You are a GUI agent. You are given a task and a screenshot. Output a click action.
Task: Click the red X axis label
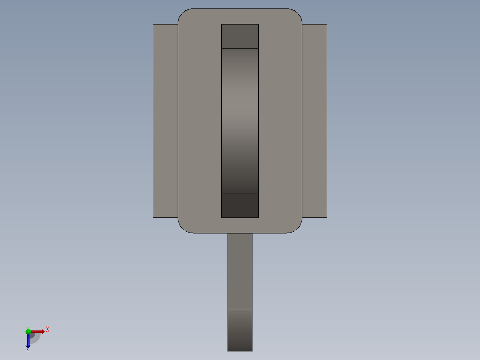48,329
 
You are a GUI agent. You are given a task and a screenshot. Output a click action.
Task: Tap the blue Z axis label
28,349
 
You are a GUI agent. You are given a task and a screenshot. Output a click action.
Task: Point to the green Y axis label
28,327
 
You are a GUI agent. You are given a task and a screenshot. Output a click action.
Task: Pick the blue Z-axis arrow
28,341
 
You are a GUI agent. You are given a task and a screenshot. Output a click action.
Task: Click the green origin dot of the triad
28,331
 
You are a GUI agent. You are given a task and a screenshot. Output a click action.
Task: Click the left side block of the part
165,121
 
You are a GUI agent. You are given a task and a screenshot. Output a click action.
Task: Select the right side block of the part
315,121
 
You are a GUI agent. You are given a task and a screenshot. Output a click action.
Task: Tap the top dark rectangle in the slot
240,36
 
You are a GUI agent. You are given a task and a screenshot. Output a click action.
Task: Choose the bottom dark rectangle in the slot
240,205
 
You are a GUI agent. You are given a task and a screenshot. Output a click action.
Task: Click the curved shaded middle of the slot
240,120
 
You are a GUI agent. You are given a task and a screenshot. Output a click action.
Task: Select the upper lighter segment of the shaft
240,271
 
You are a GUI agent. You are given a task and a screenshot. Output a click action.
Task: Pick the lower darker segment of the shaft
240,330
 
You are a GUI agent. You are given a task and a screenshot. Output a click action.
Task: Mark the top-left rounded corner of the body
183,13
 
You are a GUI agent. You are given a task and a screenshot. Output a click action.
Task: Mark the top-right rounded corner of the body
297,13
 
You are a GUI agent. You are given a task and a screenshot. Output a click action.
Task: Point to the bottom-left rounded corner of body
183,228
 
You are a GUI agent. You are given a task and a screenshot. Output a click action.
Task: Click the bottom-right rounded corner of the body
297,228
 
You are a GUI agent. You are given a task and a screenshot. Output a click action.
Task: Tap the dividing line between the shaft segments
240,309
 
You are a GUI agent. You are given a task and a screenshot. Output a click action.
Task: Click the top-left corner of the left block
153,25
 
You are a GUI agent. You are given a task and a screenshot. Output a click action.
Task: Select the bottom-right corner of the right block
327,217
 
